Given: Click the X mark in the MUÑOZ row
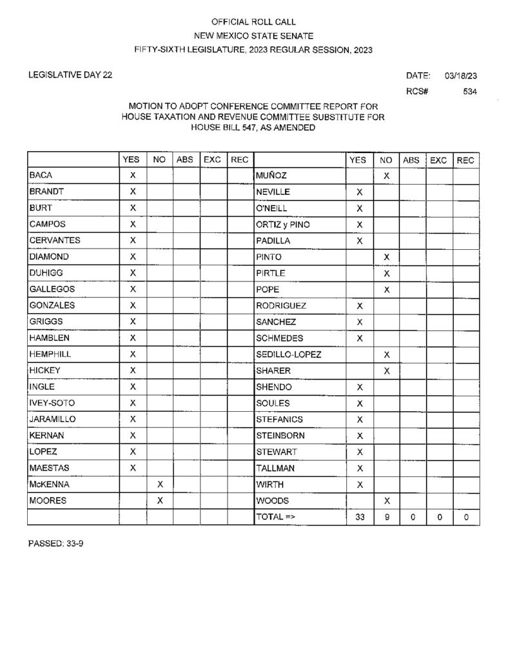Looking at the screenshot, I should click(x=386, y=176).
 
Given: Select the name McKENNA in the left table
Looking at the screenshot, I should click(x=46, y=484).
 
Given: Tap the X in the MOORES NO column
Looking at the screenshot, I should click(x=160, y=500).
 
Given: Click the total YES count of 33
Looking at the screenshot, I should click(x=360, y=517).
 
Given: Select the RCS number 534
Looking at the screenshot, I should click(x=469, y=92).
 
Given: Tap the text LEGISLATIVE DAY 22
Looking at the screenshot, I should click(x=70, y=75).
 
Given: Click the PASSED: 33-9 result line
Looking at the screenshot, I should click(x=55, y=544).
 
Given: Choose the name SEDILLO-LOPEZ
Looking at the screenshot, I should click(x=288, y=354).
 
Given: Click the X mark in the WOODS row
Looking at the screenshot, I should click(x=386, y=500).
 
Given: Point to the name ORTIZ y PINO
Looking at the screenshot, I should click(x=282, y=225).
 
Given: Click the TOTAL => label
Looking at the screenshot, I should click(x=275, y=517).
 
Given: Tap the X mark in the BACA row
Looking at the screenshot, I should click(x=133, y=176).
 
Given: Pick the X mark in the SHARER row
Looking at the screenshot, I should click(x=386, y=371).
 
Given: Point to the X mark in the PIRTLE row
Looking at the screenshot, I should click(x=386, y=273).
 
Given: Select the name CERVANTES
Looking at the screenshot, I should click(x=54, y=241).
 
